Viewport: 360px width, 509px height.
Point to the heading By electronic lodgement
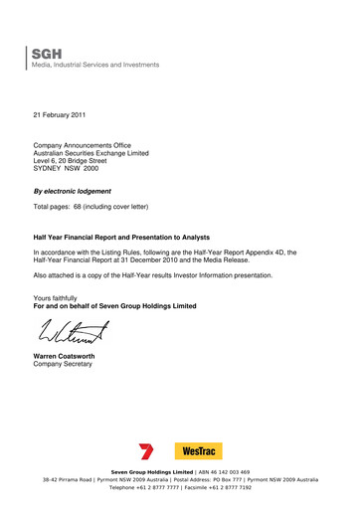click(x=73, y=191)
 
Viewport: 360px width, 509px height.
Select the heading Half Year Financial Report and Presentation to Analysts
click(x=138, y=239)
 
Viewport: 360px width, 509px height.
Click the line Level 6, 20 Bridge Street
click(x=78, y=161)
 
